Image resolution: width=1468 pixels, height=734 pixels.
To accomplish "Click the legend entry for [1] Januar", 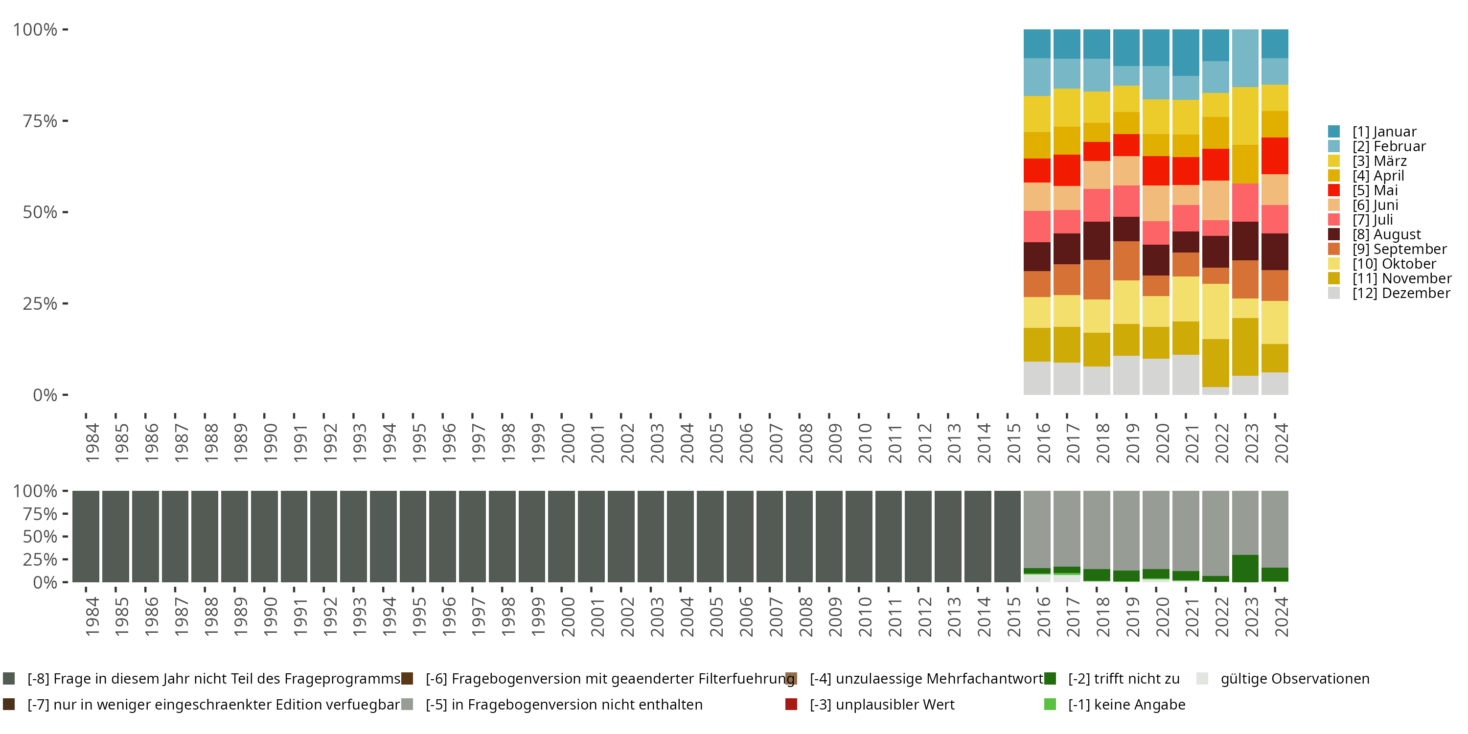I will click(1384, 132).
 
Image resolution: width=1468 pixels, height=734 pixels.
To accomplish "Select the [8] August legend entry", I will click(1386, 234).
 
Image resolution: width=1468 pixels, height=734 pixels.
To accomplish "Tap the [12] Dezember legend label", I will click(1401, 293).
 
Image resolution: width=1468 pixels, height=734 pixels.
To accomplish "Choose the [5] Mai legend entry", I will click(1375, 190).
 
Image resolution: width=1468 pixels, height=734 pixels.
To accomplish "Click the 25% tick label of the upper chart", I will click(40, 304).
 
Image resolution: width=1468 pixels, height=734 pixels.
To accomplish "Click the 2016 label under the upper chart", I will click(1043, 443).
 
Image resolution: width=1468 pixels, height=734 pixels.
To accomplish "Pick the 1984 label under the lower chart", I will click(92, 617).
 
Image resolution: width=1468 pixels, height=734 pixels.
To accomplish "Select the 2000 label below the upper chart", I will click(568, 443).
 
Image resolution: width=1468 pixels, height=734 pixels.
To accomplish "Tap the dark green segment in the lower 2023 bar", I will click(1245, 568).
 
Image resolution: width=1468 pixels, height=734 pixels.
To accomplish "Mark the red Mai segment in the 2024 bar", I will click(1275, 156).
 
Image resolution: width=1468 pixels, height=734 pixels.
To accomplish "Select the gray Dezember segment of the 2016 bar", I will click(1037, 378).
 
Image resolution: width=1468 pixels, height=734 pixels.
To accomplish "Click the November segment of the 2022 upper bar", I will click(1216, 363).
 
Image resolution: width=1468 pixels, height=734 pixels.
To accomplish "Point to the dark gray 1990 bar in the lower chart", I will click(264, 536).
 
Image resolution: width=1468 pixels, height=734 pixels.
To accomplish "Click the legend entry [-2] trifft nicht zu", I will click(1123, 679).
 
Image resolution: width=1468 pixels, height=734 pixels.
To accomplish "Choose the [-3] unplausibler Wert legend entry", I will click(882, 704).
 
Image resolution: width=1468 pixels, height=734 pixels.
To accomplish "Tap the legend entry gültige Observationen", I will click(1294, 679).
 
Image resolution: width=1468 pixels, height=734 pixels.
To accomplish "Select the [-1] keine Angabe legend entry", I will click(1126, 704).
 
